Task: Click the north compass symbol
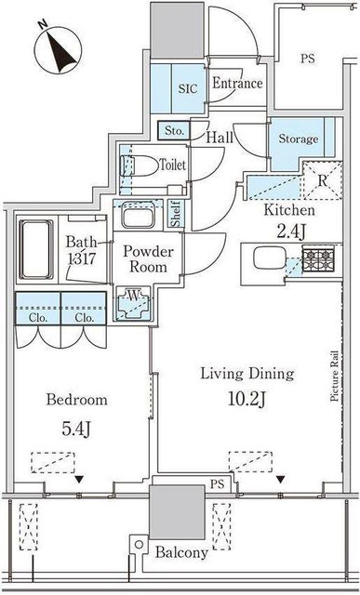(x=58, y=49)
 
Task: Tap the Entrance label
(x=237, y=83)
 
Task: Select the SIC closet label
(x=188, y=89)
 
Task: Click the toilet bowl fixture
(x=140, y=165)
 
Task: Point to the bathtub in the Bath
(x=36, y=249)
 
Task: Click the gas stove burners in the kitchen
(x=318, y=258)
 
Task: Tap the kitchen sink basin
(x=270, y=258)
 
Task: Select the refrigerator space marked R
(x=323, y=180)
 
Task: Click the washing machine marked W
(x=133, y=303)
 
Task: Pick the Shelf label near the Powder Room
(x=177, y=214)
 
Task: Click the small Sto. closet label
(x=174, y=131)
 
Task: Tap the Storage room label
(x=299, y=139)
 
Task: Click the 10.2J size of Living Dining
(x=247, y=399)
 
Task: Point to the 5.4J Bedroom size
(x=76, y=429)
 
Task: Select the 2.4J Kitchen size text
(x=290, y=232)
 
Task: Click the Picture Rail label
(x=334, y=376)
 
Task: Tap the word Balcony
(x=181, y=553)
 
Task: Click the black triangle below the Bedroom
(x=79, y=480)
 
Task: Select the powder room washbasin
(x=139, y=216)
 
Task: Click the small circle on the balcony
(x=139, y=545)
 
